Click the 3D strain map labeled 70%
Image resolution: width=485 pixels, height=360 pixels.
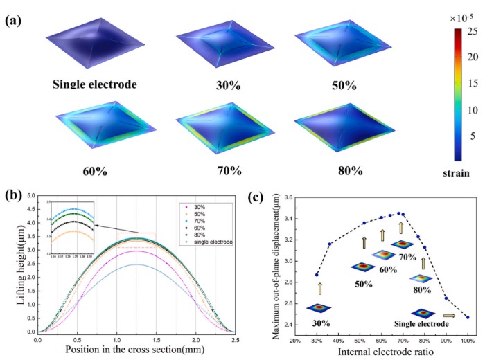tap(216, 134)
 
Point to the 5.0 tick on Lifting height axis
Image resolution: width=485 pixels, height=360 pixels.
tap(31, 196)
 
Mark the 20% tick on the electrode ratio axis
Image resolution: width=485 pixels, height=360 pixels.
tap(295, 340)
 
